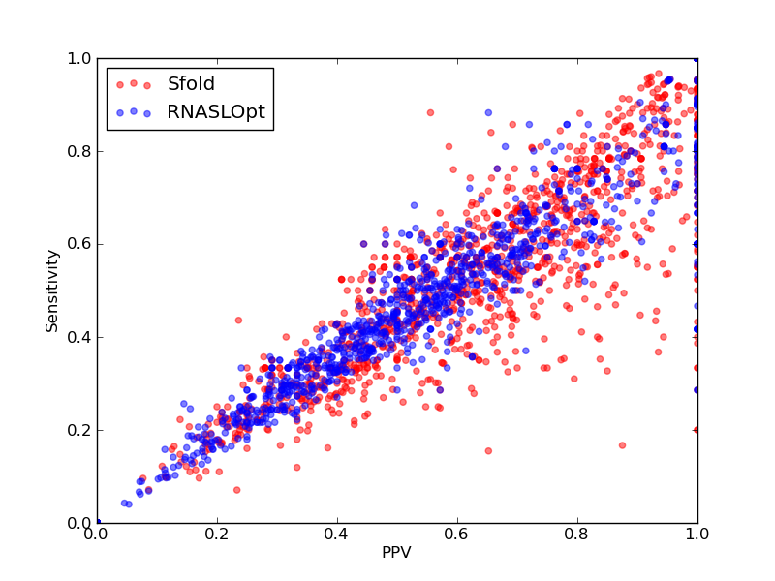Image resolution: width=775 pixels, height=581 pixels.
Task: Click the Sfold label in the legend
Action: coord(191,84)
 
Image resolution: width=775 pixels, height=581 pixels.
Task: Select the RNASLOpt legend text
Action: coord(216,112)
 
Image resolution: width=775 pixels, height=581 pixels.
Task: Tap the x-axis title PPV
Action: coord(396,552)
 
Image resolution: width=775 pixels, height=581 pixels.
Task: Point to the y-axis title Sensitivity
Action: coord(52,291)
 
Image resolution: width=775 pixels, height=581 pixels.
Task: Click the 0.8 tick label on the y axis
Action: coord(79,151)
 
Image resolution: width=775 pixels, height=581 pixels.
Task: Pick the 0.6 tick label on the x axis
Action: coord(457,535)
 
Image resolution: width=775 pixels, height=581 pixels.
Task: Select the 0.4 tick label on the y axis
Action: coord(79,337)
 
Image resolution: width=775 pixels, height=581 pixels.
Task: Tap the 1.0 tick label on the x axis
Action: coord(697,535)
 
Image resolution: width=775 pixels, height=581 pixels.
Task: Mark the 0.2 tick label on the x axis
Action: coord(217,535)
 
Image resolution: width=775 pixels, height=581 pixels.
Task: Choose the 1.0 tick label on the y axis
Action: coord(79,58)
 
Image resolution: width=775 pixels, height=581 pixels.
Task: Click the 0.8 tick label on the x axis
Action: coord(577,535)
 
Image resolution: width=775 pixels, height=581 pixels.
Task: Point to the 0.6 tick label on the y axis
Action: coord(79,245)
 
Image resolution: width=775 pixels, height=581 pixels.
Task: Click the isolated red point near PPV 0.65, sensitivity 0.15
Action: coord(488,451)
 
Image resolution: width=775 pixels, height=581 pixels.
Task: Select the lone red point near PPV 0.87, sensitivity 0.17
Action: coord(622,445)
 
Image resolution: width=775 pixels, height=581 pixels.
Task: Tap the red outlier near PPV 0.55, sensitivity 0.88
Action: coord(430,112)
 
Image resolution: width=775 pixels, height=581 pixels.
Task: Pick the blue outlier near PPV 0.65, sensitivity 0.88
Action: coord(488,112)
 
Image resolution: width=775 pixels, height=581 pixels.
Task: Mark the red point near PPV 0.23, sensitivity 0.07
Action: coord(236,490)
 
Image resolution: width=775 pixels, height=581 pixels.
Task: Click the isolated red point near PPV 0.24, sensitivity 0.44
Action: coord(238,321)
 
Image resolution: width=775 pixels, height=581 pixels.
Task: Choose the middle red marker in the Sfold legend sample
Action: coord(134,83)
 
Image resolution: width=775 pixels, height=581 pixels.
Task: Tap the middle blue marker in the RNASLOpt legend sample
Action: coord(134,111)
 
